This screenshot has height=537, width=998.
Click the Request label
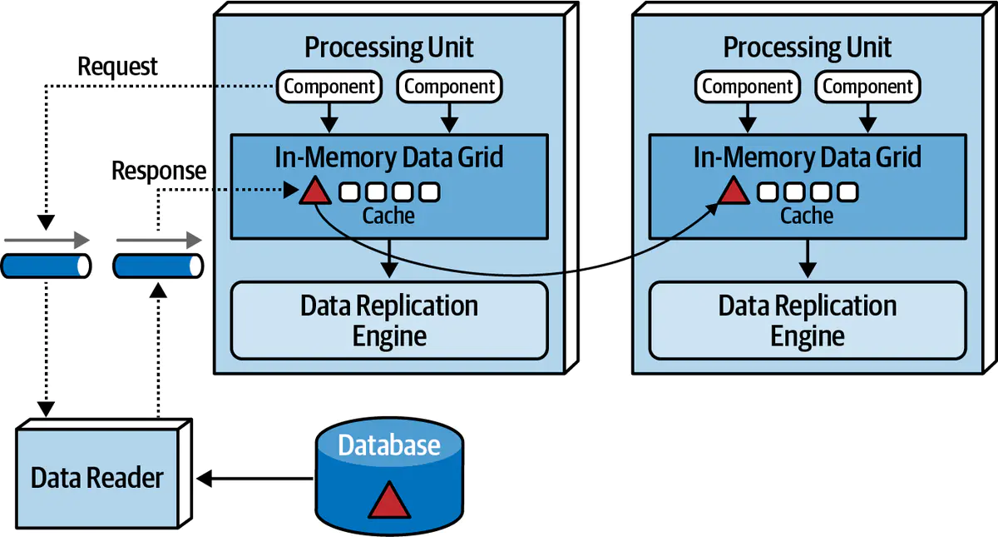(x=117, y=66)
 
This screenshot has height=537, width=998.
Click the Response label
(x=158, y=172)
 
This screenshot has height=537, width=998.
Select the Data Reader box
(x=96, y=477)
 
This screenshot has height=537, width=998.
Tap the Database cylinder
(x=388, y=475)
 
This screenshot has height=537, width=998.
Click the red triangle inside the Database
(x=388, y=500)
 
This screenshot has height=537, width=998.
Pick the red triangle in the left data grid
(x=314, y=191)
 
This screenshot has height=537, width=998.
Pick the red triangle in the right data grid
(x=733, y=191)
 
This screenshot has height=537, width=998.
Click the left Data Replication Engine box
(x=388, y=321)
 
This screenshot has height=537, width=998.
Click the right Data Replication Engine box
(x=807, y=321)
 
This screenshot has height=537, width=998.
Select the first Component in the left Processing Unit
(x=329, y=86)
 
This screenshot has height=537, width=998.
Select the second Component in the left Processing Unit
(x=449, y=86)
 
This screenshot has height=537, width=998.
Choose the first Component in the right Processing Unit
(x=748, y=86)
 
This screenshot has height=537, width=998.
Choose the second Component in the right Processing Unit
(x=867, y=86)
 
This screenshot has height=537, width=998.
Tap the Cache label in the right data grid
(x=807, y=216)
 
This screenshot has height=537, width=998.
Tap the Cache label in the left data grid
(x=388, y=216)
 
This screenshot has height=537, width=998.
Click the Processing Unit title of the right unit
(x=807, y=47)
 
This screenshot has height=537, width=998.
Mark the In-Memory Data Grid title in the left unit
(x=388, y=157)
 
